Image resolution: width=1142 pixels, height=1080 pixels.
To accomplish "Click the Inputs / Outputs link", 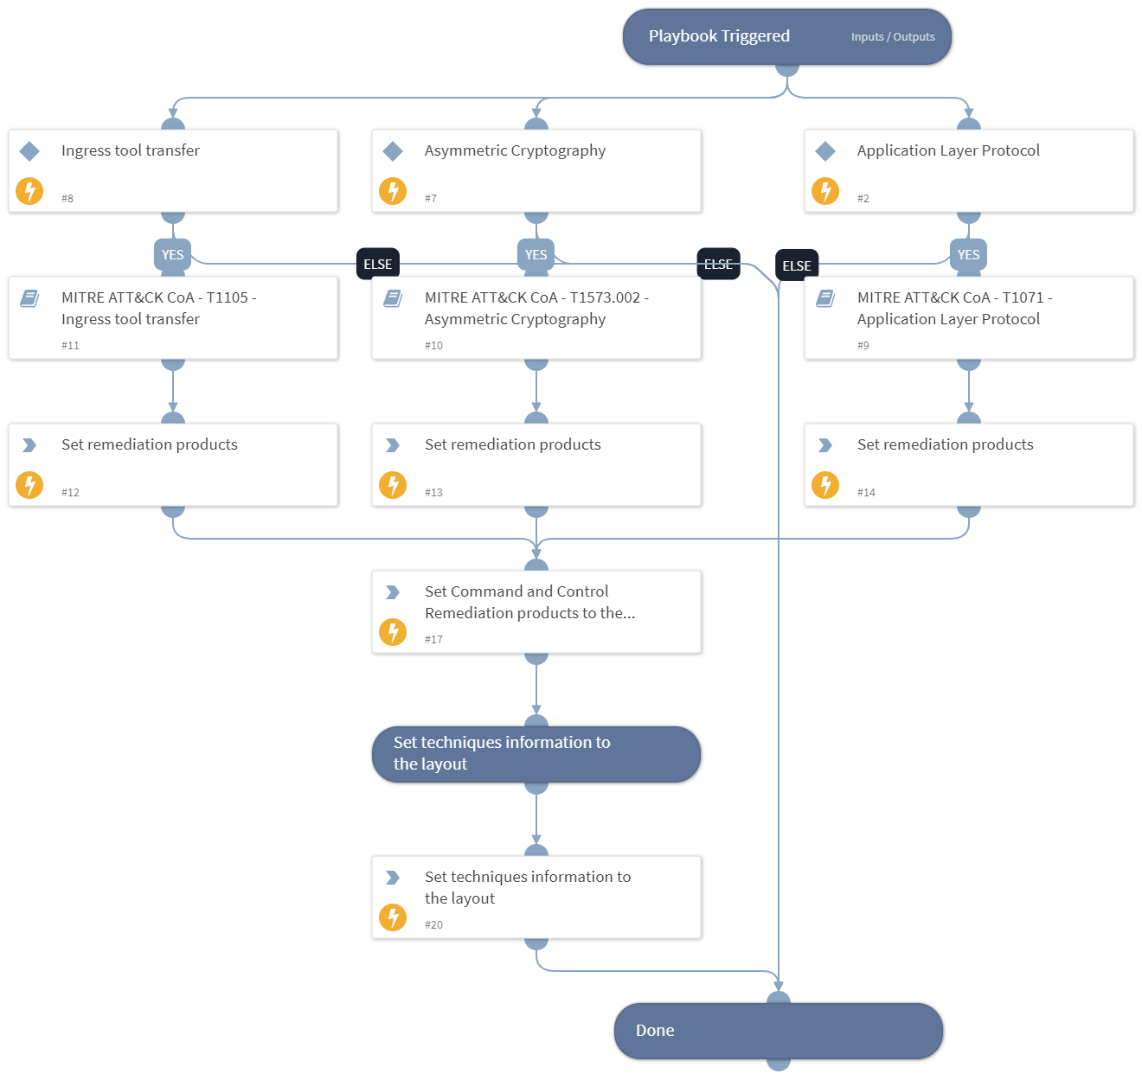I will (x=892, y=37).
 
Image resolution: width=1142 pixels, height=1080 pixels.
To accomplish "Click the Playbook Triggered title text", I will (x=719, y=36).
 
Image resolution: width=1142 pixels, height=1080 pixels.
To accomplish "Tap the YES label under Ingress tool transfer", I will (x=173, y=254).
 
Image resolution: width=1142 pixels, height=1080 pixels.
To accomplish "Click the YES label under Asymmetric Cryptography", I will (x=536, y=254).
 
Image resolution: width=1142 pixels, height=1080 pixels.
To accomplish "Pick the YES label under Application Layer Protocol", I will (x=968, y=254).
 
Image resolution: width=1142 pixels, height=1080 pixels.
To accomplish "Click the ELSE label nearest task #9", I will (x=797, y=265).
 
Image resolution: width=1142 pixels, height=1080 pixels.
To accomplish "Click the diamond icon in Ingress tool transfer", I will (x=30, y=151).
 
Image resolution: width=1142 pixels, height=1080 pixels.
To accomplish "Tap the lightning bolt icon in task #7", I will (x=393, y=191).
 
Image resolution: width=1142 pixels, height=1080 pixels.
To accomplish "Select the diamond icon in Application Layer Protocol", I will (x=825, y=151).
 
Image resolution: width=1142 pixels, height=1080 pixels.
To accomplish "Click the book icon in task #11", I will (x=30, y=298).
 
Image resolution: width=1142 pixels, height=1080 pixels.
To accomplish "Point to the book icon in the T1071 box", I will (x=825, y=298).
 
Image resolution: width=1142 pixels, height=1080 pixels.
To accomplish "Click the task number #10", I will (x=433, y=346).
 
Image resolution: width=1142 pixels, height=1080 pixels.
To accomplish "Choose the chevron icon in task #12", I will (x=30, y=445).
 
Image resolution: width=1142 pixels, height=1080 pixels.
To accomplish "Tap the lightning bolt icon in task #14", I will (x=825, y=485).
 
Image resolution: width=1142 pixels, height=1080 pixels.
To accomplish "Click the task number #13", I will (x=433, y=493).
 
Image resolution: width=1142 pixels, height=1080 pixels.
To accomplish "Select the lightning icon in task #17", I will (x=393, y=632).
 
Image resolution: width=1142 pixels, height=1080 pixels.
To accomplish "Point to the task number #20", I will (x=433, y=925).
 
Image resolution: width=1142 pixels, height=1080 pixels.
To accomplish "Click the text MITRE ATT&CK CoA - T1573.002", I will (x=532, y=297).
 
